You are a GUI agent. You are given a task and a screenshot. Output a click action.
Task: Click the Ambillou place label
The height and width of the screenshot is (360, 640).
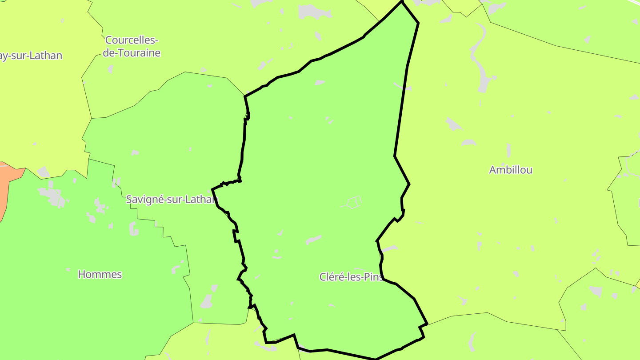coord(510,170)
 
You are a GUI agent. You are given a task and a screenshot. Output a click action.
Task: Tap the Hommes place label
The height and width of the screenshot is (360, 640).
coord(100,274)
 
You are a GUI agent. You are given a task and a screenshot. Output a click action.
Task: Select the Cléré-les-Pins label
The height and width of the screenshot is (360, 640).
coord(351,277)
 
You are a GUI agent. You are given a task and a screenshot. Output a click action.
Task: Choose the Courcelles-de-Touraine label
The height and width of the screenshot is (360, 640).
coord(132,47)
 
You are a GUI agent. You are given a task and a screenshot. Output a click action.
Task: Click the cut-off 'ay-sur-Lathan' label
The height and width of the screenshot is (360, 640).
coord(30,56)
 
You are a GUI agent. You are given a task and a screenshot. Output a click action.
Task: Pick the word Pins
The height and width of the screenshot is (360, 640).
coord(373,277)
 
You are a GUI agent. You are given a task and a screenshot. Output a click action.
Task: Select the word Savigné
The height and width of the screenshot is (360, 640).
coord(141,200)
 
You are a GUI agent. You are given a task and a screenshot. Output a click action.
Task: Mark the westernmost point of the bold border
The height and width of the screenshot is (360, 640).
coord(212,189)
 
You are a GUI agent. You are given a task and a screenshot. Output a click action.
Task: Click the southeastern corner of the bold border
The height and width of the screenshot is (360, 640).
coord(427,324)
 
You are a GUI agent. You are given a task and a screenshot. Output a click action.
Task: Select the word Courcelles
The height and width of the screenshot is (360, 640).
coord(132,40)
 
